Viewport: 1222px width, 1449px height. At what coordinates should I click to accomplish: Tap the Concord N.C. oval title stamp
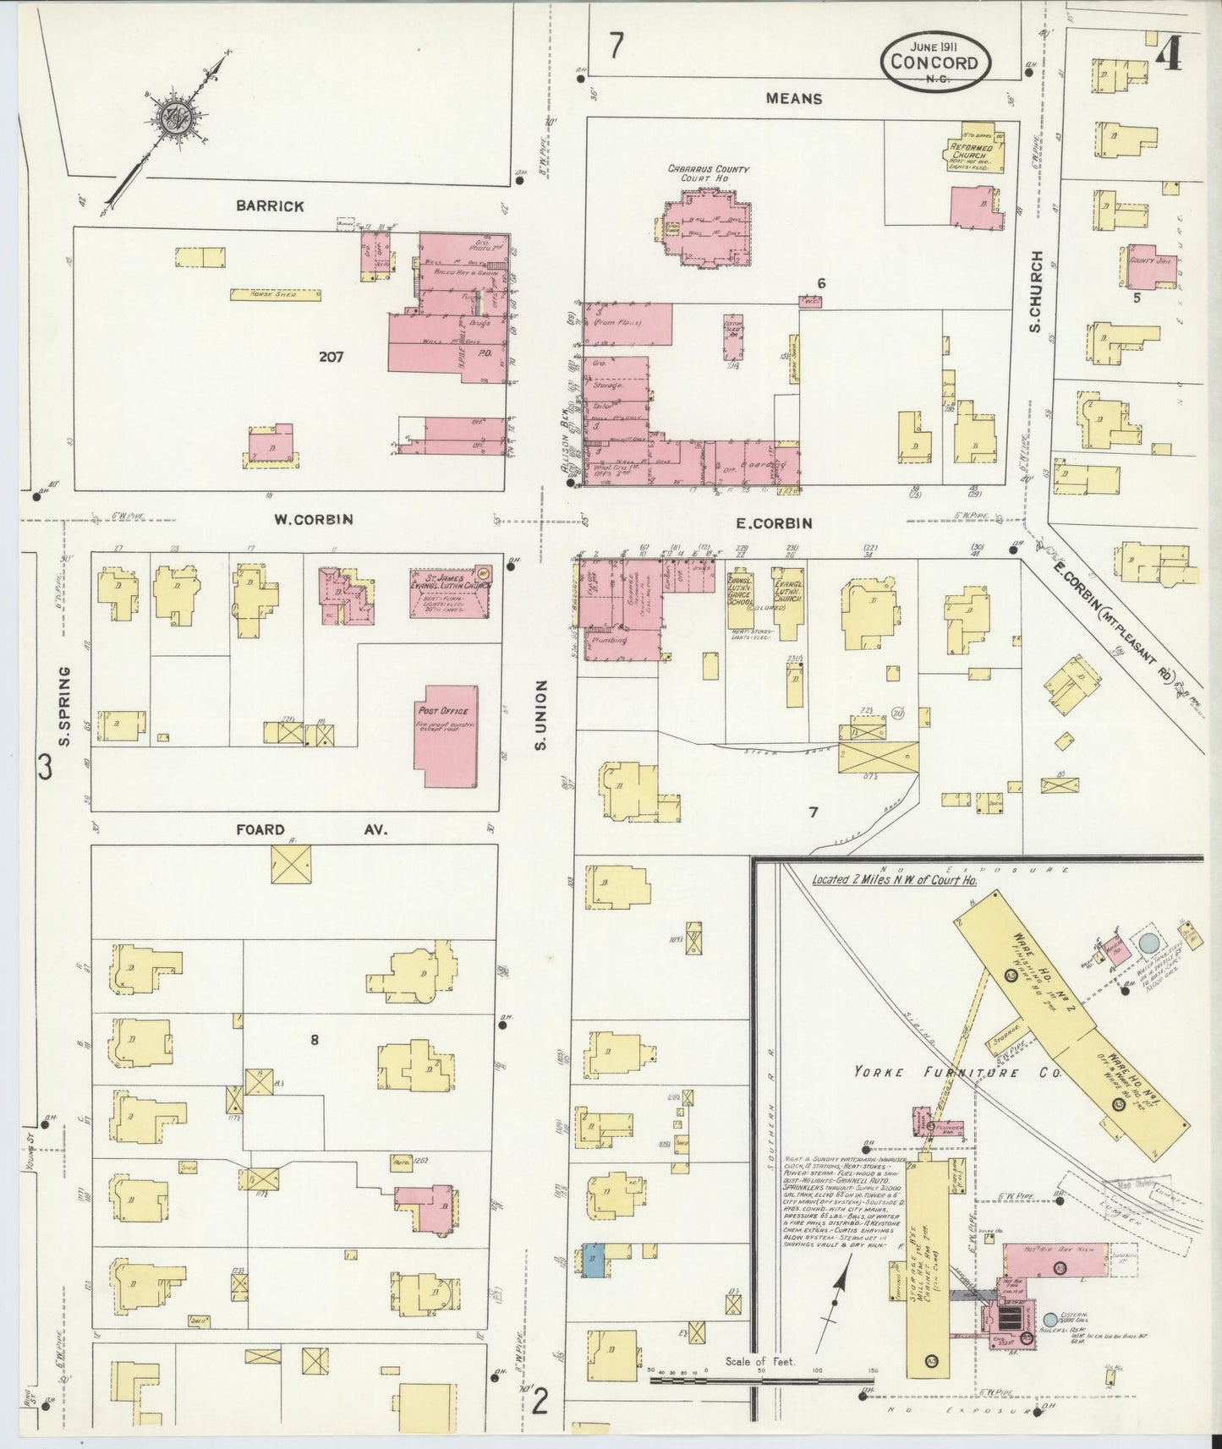click(936, 61)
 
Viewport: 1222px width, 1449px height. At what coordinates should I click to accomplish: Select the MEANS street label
click(793, 99)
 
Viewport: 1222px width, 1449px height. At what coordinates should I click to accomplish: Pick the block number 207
click(331, 357)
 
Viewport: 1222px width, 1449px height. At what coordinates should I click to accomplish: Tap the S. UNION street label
click(541, 714)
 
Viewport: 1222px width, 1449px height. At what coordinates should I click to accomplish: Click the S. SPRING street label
click(65, 706)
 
